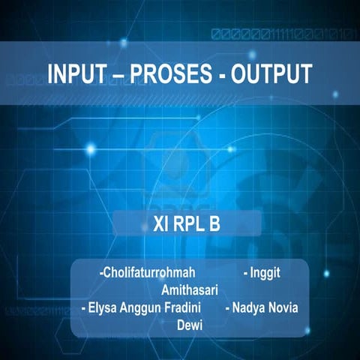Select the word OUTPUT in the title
269,74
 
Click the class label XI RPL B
180,223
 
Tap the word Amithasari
190,289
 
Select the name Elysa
103,307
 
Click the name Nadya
249,307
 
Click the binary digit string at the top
285,34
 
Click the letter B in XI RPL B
214,223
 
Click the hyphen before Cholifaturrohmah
101,272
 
